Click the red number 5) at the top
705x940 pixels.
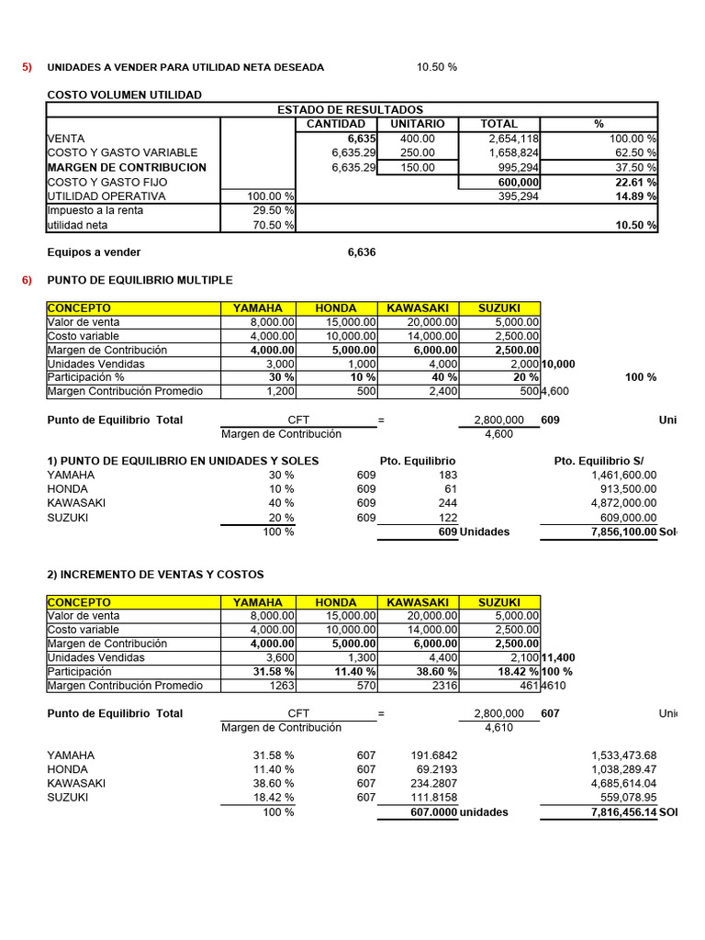(x=28, y=67)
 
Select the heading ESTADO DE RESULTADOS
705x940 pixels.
(x=350, y=109)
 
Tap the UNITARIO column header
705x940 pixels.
(x=418, y=124)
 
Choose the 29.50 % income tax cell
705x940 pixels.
(x=275, y=211)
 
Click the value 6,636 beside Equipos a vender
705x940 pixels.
(x=362, y=252)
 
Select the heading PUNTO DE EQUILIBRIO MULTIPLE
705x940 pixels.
(x=140, y=280)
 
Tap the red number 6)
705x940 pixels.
(x=28, y=280)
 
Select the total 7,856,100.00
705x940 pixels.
(x=613, y=532)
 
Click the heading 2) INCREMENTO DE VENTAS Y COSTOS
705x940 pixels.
(x=155, y=575)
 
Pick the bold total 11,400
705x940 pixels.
(x=559, y=658)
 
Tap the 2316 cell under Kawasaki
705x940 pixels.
(x=442, y=686)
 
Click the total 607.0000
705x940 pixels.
(x=433, y=813)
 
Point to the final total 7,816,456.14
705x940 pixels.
(x=613, y=813)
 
